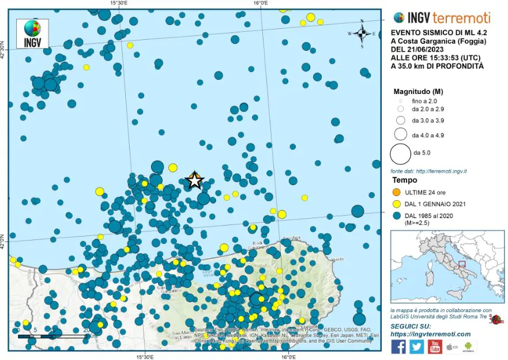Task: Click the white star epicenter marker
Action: pos(194,181)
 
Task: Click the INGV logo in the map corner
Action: pos(33,33)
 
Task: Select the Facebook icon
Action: pos(398,346)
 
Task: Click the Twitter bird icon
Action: pos(416,346)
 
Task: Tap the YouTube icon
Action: pos(434,346)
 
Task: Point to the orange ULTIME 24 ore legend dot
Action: pos(396,192)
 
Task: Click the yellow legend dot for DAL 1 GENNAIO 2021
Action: pos(396,204)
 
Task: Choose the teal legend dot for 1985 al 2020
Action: pos(396,215)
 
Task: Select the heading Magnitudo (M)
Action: pos(418,91)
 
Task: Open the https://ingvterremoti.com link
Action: pos(430,334)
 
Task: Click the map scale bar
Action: pos(52,336)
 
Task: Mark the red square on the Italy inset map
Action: pos(462,264)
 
